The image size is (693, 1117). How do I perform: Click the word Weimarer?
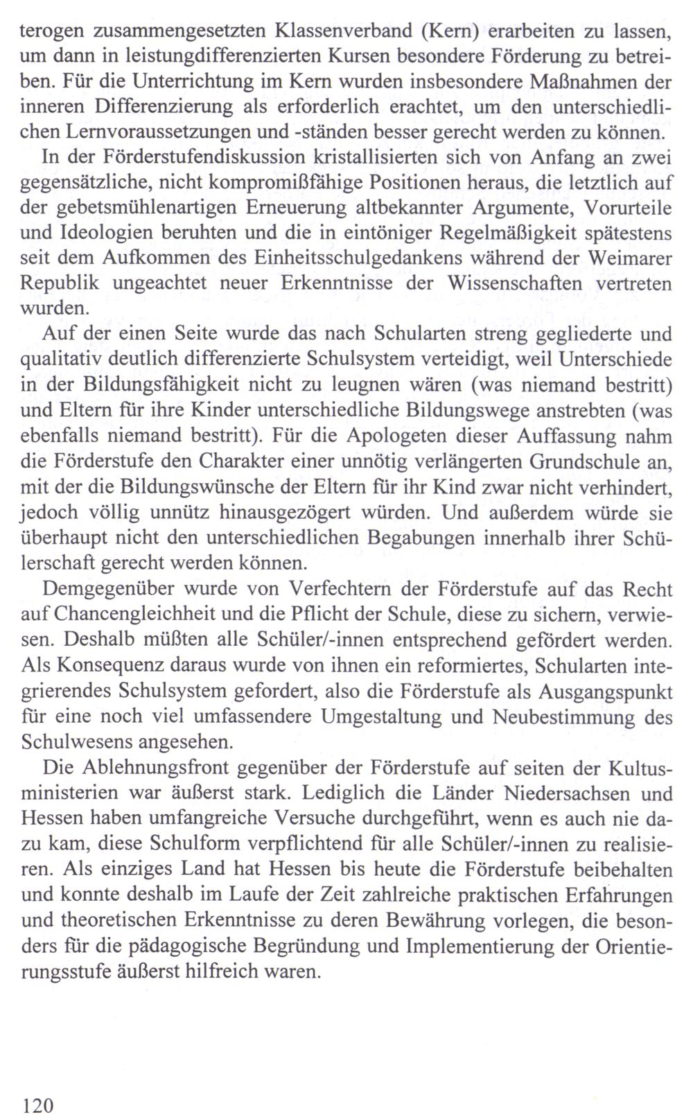pos(630,258)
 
